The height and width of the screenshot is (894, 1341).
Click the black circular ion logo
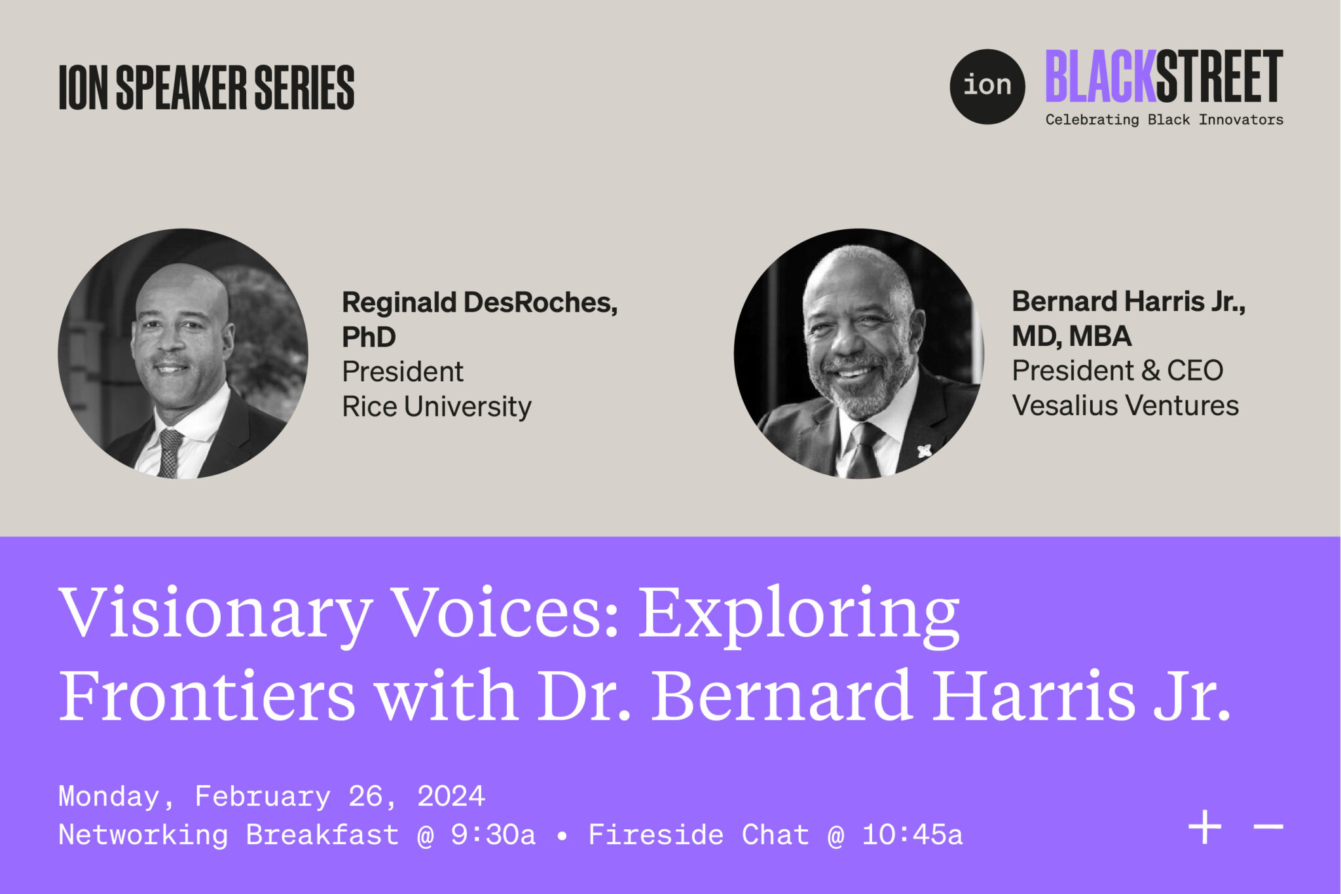coord(987,86)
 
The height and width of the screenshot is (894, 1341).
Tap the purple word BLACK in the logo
coord(1100,77)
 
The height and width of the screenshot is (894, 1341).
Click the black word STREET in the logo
coord(1219,77)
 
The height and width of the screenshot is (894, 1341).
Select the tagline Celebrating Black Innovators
coord(1164,120)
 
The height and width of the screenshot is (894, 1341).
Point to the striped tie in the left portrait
coord(170,452)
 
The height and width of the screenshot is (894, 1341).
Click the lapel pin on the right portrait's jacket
coord(924,451)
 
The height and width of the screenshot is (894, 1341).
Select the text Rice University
coord(436,407)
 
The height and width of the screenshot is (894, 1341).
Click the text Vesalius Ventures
coord(1125,405)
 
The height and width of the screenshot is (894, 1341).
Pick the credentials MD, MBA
coord(1071,336)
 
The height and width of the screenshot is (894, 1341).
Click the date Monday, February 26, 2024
coord(272,796)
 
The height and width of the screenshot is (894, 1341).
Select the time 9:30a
coord(493,835)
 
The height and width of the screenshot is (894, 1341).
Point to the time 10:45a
coord(912,835)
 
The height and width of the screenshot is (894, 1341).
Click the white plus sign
coord(1205,827)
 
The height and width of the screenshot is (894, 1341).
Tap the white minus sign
coord(1268,827)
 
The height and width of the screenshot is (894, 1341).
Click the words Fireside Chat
coord(698,835)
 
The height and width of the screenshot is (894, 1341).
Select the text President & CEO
coord(1117,371)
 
